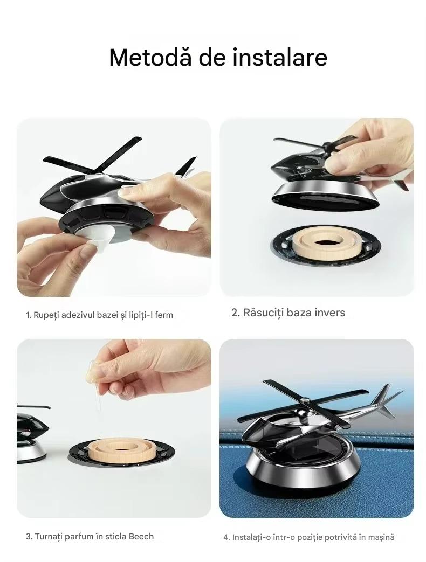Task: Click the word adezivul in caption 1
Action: [x=78, y=315]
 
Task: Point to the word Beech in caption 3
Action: [x=141, y=537]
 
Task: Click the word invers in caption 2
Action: [x=330, y=313]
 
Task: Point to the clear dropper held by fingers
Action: [x=95, y=394]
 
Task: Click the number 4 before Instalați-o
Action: [x=226, y=538]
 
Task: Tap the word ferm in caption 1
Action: [x=164, y=315]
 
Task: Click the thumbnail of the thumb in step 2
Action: [x=339, y=163]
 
